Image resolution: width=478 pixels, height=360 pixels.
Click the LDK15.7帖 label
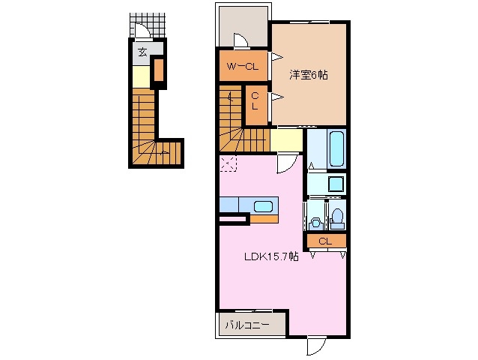tap(271, 256)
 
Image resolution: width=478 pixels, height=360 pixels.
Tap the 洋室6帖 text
tap(309, 75)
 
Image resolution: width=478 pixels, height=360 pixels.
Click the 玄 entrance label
tap(142, 52)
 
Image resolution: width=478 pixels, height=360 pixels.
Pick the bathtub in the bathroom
tap(336, 149)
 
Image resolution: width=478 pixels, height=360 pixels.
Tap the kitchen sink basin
tap(263, 207)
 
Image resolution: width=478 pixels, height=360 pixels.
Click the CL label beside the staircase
tap(255, 100)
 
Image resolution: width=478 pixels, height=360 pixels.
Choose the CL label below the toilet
tap(325, 241)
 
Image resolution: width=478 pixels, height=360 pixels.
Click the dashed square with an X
tap(227, 164)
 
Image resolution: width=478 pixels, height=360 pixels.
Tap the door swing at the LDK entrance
tap(285, 163)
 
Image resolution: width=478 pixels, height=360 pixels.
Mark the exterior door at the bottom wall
tap(316, 345)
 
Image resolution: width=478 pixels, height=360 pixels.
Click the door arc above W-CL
tap(240, 40)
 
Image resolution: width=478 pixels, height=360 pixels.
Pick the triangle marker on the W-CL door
tap(277, 57)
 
